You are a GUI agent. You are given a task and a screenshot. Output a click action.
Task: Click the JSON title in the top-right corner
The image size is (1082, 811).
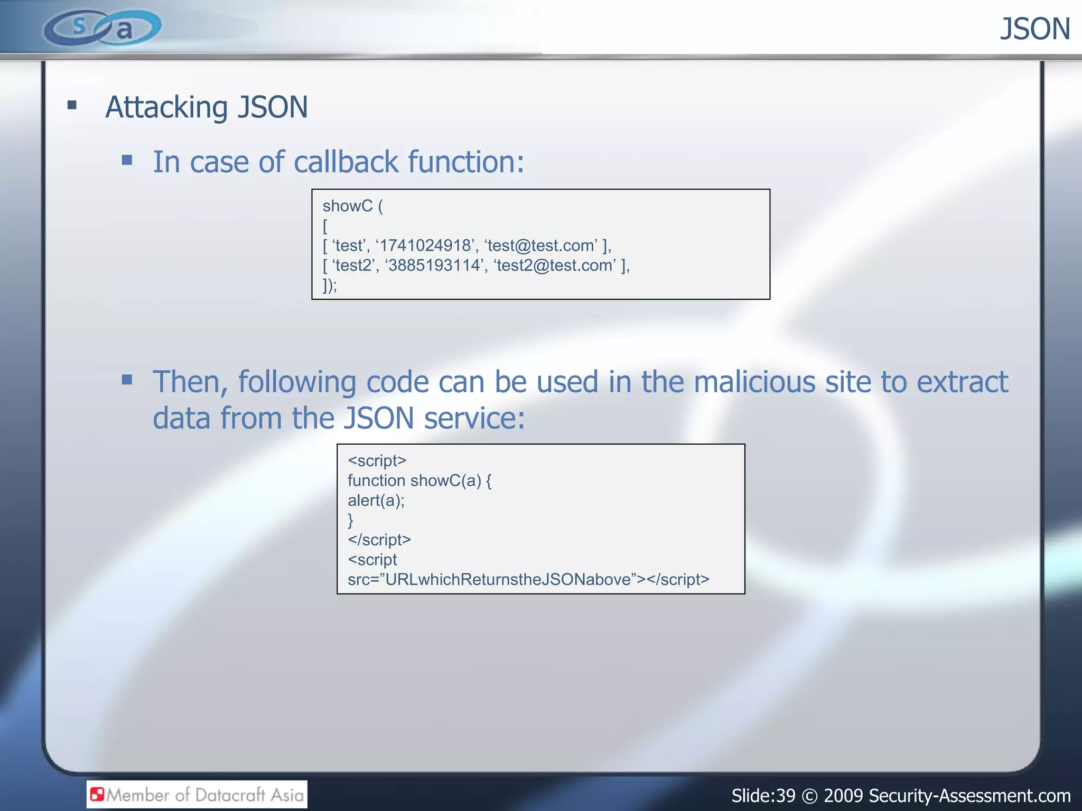pos(1034,29)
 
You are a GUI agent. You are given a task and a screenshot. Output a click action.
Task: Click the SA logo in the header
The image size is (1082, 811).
pos(102,27)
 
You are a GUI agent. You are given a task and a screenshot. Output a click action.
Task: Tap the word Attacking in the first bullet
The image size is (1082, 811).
pos(166,107)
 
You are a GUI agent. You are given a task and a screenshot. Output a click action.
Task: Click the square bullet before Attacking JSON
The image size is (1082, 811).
pos(72,105)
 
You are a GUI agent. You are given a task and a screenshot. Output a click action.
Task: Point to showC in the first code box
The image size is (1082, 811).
pos(347,206)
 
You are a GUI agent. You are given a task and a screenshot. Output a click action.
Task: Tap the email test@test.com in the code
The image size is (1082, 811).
pos(541,246)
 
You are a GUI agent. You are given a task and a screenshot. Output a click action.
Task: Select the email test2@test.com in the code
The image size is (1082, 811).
pos(555,265)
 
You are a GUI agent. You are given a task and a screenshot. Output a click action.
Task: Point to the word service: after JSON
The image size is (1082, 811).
pos(474,418)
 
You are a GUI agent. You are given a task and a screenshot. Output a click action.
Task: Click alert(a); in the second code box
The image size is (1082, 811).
pos(376,501)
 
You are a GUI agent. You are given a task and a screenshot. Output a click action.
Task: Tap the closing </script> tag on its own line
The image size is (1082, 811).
pos(379,540)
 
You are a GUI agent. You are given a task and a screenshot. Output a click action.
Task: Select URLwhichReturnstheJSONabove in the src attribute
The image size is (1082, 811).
pos(508,580)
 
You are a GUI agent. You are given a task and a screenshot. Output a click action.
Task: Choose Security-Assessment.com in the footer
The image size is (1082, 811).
pos(969,795)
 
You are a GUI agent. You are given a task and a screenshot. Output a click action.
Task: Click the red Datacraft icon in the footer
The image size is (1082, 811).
pos(97,794)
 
